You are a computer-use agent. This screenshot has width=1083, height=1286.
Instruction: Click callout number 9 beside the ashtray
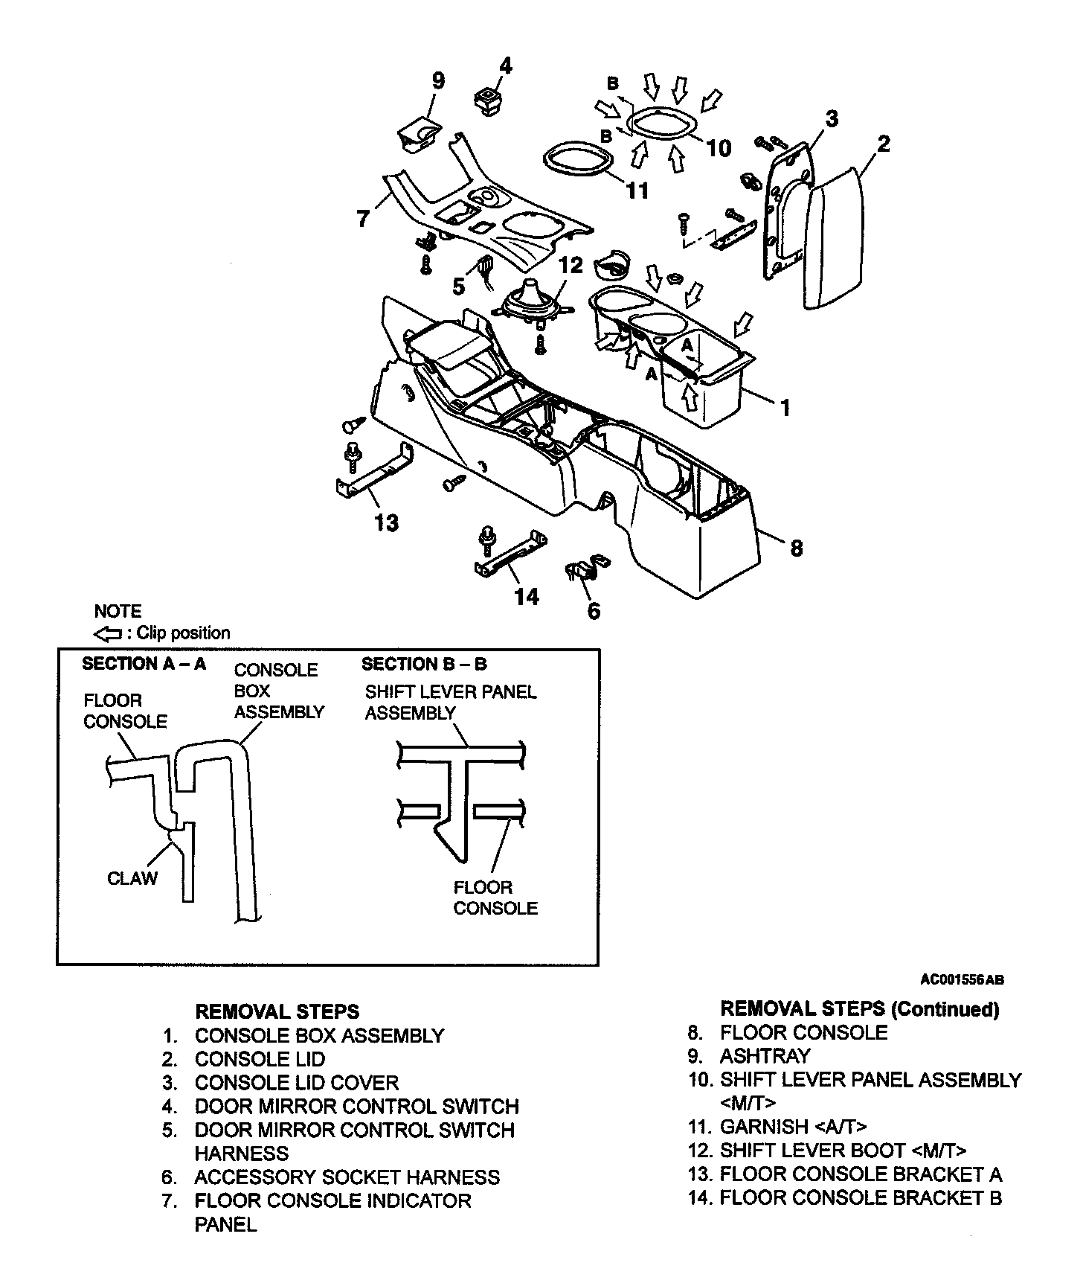(x=438, y=80)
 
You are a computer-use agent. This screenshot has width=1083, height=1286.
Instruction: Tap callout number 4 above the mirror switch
(x=505, y=65)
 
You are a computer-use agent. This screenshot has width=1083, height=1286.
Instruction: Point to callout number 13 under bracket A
(x=387, y=522)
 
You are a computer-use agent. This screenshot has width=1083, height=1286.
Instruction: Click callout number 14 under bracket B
(x=527, y=595)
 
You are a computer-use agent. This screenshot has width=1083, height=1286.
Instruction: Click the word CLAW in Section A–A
(x=132, y=878)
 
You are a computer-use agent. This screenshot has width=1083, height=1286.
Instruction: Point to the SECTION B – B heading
(x=424, y=664)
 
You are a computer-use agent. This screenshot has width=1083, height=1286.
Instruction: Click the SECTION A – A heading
(x=144, y=664)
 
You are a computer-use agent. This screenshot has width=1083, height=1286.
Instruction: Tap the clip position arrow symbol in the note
(x=109, y=634)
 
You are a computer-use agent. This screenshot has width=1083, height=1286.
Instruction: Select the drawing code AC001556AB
(x=962, y=980)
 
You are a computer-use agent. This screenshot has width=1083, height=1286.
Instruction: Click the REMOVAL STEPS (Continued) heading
(x=860, y=1009)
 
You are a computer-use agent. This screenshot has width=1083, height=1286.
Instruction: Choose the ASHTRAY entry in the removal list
(x=765, y=1056)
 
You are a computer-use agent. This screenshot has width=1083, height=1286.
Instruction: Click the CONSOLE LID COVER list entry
(x=296, y=1083)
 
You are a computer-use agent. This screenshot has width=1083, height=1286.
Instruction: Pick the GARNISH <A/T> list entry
(x=793, y=1127)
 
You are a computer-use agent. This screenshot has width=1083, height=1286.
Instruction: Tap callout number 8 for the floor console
(x=796, y=548)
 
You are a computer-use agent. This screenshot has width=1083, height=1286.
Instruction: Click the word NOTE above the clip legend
(x=118, y=612)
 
